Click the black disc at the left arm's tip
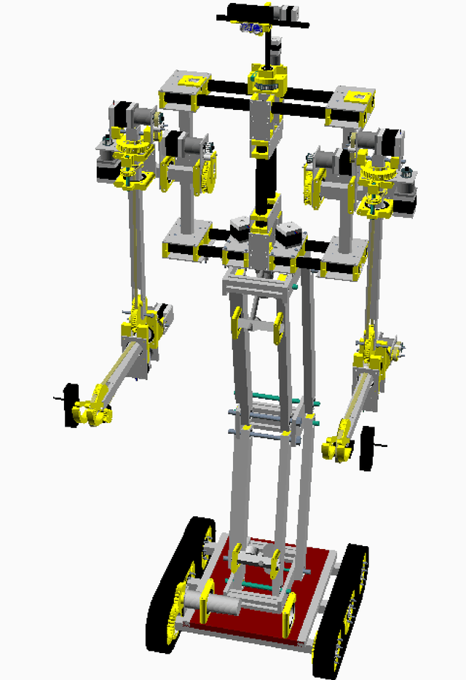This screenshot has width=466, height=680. click(x=71, y=405)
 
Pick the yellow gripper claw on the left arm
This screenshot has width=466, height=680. click(x=91, y=414)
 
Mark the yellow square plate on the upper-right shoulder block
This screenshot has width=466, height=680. click(x=355, y=98)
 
